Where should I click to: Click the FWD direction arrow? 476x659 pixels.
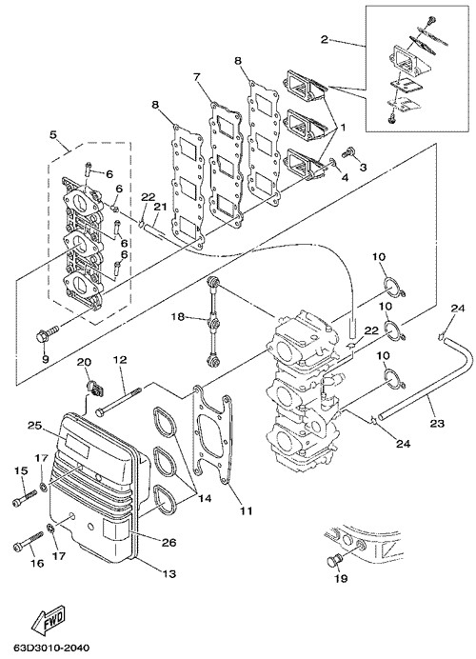(49, 621)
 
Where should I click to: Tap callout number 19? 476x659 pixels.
(341, 578)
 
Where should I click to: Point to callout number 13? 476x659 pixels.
(169, 573)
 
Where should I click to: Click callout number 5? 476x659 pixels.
(53, 135)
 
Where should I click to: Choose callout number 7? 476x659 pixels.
(197, 77)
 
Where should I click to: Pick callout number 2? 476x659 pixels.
(324, 40)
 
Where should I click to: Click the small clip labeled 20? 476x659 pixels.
(95, 388)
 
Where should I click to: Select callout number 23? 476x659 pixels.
(437, 423)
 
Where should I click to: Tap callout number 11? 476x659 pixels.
(246, 510)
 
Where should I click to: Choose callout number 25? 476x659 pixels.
(35, 425)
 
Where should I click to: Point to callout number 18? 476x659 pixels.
(179, 316)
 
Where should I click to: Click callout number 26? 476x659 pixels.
(169, 542)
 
